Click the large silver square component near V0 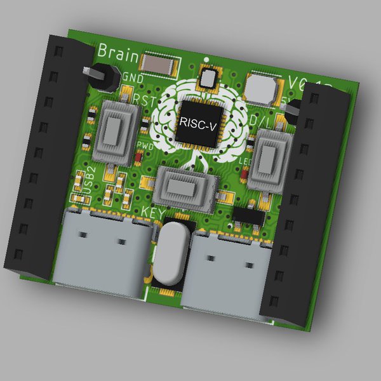point(260,88)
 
